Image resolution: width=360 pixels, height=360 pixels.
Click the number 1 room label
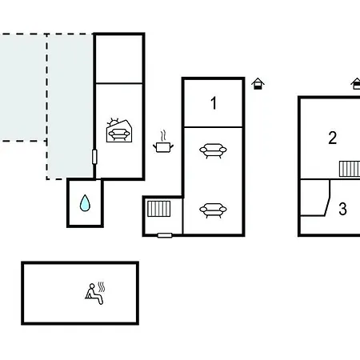click(x=214, y=103)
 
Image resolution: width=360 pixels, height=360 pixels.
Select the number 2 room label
click(x=333, y=138)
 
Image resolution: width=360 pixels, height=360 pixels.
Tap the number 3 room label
click(x=342, y=209)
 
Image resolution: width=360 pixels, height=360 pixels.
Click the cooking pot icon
click(x=163, y=142)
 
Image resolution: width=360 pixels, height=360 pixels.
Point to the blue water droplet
click(x=85, y=203)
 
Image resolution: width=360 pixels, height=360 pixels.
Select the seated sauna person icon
click(x=94, y=294)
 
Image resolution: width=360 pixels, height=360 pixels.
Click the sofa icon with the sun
click(x=119, y=130)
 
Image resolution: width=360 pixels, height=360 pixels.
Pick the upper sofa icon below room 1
click(x=213, y=151)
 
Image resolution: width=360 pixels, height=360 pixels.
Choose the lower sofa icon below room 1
click(x=213, y=210)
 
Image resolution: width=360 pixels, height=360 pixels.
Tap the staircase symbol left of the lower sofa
click(x=159, y=209)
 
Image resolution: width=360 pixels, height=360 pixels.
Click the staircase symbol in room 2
click(x=350, y=169)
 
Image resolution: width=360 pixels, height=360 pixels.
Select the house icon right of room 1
click(x=258, y=84)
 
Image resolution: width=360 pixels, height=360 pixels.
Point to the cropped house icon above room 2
click(x=356, y=84)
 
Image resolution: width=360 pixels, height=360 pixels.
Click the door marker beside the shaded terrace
click(x=94, y=157)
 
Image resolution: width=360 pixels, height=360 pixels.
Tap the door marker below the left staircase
click(x=165, y=235)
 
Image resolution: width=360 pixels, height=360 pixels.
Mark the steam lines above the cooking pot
click(x=163, y=135)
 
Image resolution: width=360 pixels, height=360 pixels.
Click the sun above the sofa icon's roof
click(x=114, y=122)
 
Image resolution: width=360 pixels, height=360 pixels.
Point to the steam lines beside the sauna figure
click(x=101, y=287)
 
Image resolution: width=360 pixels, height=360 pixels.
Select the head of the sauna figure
click(x=92, y=286)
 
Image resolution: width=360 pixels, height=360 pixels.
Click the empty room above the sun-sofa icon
click(x=119, y=59)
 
